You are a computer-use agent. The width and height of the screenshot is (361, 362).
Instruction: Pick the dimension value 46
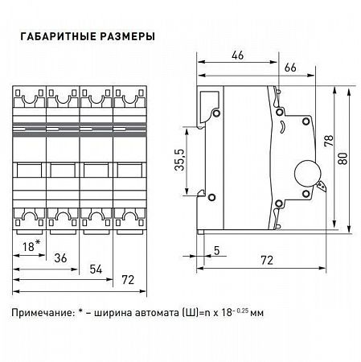[x=237, y=56]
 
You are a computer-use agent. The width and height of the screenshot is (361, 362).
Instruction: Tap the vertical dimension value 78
[x=327, y=142]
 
